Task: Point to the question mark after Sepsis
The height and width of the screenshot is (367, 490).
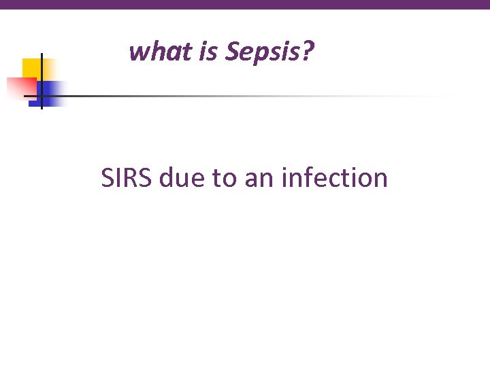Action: [309, 51]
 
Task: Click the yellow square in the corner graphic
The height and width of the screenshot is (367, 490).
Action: [31, 67]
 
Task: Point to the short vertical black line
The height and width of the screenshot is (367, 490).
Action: [42, 80]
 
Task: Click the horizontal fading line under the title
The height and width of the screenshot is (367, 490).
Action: [238, 96]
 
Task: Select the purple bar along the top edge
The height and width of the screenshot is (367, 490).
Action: [245, 4]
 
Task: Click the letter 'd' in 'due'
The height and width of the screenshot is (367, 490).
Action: [167, 178]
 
